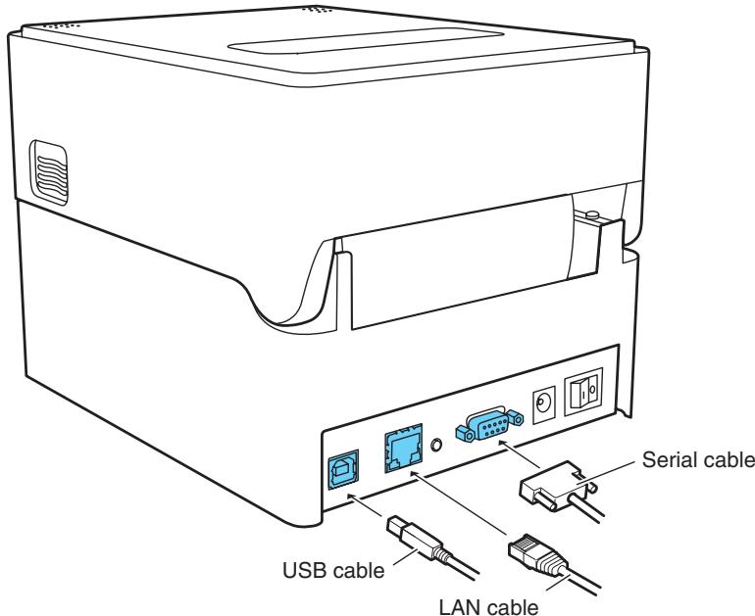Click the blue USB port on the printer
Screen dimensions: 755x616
[343, 469]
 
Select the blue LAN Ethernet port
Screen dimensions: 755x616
[404, 449]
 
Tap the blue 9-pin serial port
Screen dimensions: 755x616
[489, 424]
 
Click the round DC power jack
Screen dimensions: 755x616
[543, 402]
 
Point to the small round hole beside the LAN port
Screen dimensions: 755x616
[436, 445]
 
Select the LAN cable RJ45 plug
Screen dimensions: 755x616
[538, 556]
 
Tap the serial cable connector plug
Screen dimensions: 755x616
[558, 487]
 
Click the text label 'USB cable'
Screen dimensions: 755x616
[333, 571]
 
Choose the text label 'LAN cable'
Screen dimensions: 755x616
[488, 607]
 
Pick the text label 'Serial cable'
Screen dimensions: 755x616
[698, 459]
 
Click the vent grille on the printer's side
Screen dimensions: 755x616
[49, 172]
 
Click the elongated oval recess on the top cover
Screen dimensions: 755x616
[366, 41]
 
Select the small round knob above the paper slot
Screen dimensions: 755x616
[592, 213]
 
